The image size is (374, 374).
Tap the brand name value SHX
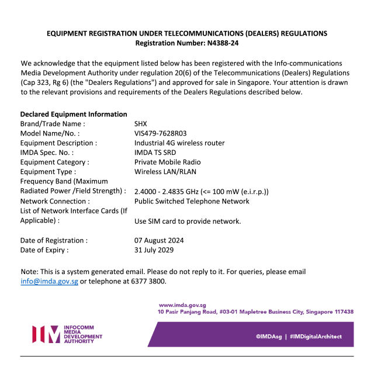click(x=141, y=124)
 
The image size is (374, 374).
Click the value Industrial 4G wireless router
click(x=179, y=143)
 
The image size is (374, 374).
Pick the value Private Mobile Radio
click(x=167, y=162)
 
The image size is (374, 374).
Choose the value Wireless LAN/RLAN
click(x=165, y=172)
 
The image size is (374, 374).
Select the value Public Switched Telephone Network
click(x=192, y=201)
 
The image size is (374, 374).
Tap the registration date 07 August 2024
click(x=159, y=240)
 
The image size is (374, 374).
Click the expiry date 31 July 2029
click(x=154, y=250)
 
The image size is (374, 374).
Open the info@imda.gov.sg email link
click(x=49, y=282)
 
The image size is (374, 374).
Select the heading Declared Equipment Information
click(x=74, y=114)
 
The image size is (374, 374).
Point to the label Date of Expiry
click(x=44, y=250)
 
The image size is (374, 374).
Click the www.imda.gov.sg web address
click(x=182, y=305)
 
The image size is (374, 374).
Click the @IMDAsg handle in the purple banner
click(x=269, y=337)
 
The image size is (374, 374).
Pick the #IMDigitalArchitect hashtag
click(x=316, y=337)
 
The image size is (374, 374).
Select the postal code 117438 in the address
click(x=341, y=312)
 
